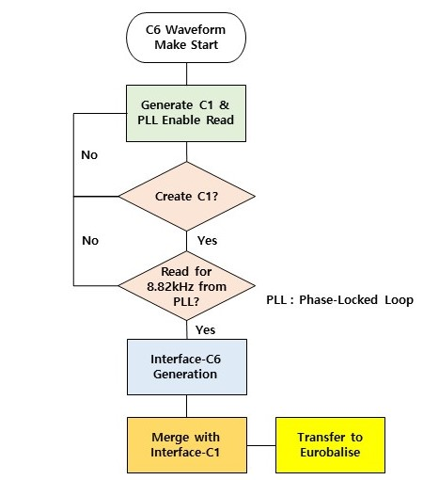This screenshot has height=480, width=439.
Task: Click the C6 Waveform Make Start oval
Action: tap(186, 38)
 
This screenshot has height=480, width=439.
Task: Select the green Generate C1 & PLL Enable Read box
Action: tap(186, 113)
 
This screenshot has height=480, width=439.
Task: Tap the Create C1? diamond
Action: tap(187, 197)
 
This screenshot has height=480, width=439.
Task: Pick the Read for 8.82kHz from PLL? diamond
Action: tap(187, 286)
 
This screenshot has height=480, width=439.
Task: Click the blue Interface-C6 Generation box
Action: tap(187, 367)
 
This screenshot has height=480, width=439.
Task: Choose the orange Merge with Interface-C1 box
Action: tap(187, 445)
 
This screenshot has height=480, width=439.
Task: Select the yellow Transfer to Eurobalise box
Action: tap(330, 445)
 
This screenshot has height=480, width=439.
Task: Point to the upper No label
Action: tap(89, 155)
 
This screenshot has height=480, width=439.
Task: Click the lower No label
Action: tap(90, 241)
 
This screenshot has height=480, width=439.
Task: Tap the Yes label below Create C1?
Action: tap(207, 241)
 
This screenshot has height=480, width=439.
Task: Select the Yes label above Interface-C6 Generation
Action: tap(206, 329)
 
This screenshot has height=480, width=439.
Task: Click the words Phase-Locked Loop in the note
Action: tap(356, 300)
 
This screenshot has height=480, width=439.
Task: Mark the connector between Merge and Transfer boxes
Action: tap(261, 445)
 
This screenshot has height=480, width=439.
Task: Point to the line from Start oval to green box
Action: tap(187, 74)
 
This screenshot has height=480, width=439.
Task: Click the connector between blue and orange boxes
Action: tap(187, 406)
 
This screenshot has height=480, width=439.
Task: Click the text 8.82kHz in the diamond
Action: tap(170, 286)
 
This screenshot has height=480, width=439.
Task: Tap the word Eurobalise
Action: tap(330, 452)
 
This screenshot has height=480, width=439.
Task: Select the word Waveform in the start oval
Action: tap(196, 30)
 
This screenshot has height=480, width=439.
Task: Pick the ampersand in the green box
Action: tap(224, 104)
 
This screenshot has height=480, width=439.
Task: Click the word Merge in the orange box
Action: tap(170, 438)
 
